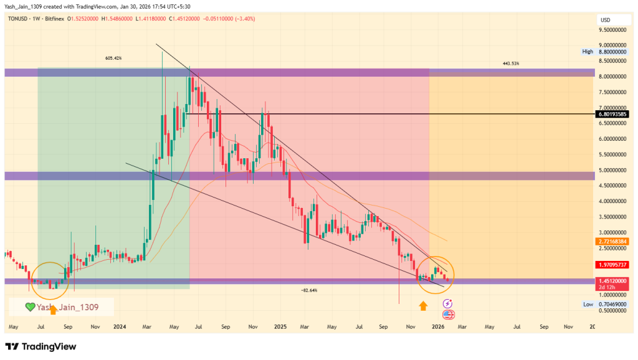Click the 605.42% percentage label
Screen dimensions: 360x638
coord(113,58)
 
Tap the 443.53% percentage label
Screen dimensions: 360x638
coord(510,64)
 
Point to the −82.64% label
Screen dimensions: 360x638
coord(309,290)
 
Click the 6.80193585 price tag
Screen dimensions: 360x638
coord(614,114)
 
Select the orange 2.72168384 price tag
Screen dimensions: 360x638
coord(614,241)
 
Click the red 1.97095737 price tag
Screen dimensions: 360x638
coord(614,265)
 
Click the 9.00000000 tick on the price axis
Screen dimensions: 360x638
coord(613,45)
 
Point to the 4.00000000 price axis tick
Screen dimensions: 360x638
coord(613,201)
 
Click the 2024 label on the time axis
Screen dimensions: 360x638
coord(120,326)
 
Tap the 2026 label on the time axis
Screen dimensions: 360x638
coord(437,326)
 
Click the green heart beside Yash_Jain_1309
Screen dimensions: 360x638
coord(29,306)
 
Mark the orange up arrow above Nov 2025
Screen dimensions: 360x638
coord(423,305)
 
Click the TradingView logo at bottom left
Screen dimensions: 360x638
coord(40,346)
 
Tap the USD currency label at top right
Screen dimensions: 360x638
coord(605,20)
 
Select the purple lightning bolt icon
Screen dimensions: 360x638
coord(447,303)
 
